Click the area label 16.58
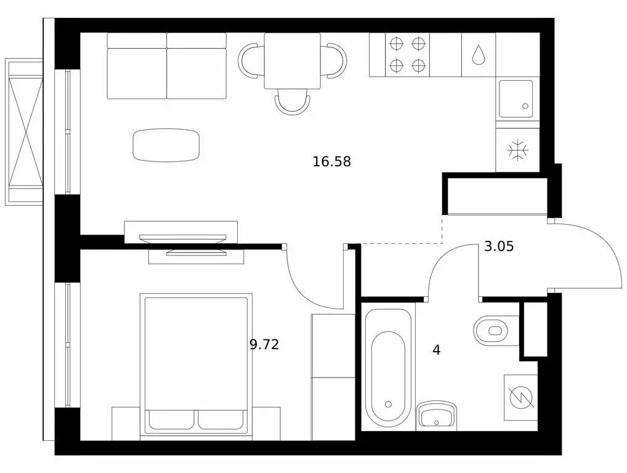click(x=331, y=162)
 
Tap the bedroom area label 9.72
click(x=264, y=345)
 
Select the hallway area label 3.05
click(x=499, y=247)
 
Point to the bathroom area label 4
click(x=437, y=350)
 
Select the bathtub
click(x=387, y=368)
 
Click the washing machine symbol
click(x=521, y=397)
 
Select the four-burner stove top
click(x=408, y=54)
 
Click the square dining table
click(x=293, y=60)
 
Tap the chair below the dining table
click(x=293, y=102)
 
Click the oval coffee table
click(x=166, y=145)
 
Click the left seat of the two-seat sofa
click(x=137, y=66)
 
